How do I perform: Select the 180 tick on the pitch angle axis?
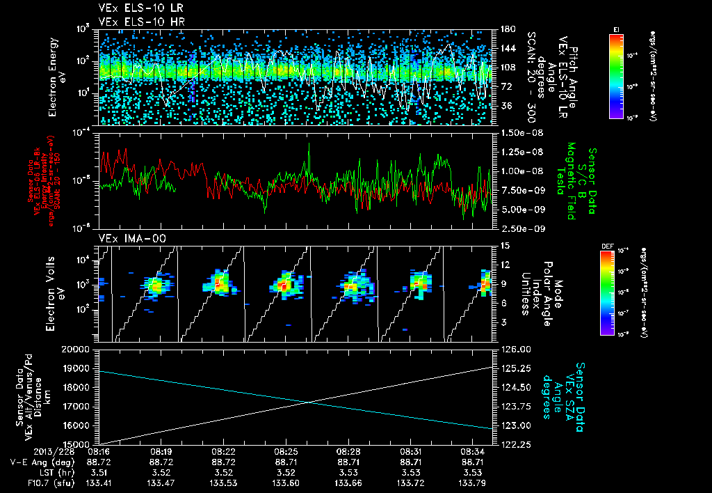pyautogui.click(x=505, y=29)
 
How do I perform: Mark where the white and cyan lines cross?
pyautogui.click(x=308, y=401)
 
